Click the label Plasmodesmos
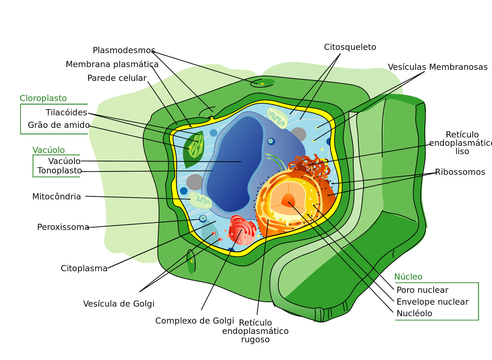124,50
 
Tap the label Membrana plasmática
112,64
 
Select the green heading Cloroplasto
43,98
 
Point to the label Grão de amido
58,125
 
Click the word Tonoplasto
60,171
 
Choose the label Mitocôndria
57,196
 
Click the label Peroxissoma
63,227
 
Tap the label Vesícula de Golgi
119,304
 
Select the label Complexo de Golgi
195,321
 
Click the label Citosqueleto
350,47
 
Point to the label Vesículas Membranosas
438,67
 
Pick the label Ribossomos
460,172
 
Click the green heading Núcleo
408,277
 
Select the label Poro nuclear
422,290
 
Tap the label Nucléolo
414,313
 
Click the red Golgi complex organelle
242,230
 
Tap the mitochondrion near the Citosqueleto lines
277,118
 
